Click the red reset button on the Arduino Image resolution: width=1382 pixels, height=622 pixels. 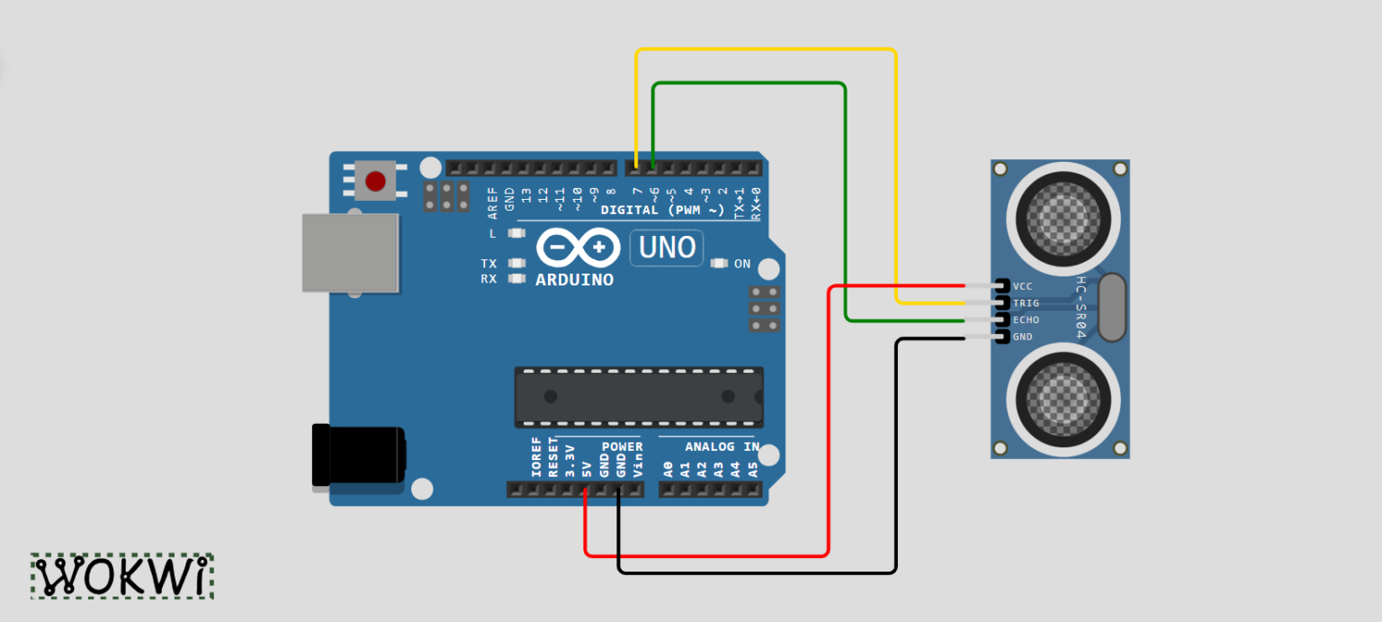coord(375,181)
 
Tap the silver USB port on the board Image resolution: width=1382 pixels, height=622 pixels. coord(350,253)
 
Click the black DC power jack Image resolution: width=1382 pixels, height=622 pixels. coord(358,455)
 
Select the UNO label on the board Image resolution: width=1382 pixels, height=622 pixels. coord(667,248)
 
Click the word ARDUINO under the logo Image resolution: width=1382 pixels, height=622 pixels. coord(574,280)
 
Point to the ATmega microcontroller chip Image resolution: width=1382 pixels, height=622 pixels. coord(639,397)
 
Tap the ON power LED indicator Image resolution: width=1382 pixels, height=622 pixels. coord(719,264)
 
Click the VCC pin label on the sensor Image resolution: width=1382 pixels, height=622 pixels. coord(1022,286)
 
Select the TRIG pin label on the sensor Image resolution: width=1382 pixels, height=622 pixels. coord(1026,303)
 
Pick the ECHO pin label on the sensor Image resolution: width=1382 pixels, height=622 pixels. coord(1026,320)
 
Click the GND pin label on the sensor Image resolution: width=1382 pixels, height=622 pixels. coord(1022,337)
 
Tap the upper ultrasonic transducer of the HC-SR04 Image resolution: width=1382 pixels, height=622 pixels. coord(1063,219)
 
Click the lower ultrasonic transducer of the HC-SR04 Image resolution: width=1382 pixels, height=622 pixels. coord(1063,400)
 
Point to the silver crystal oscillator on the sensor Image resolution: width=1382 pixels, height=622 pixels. coord(1112,307)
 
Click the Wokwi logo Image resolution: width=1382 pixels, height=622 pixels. coord(122,576)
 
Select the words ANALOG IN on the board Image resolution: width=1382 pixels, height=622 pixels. coord(722,446)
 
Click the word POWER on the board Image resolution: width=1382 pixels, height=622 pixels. coord(622,446)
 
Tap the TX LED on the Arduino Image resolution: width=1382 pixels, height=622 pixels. coord(516,264)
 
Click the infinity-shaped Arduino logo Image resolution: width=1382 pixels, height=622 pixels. coord(579,248)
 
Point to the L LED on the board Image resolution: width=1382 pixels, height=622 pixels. coord(516,233)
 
